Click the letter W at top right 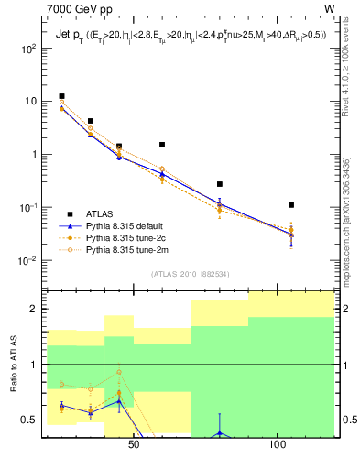(x=329, y=10)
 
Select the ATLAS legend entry (x=101, y=214)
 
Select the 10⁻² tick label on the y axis (x=27, y=260)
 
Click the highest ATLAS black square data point (x=61, y=96)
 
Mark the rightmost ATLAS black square (x=290, y=205)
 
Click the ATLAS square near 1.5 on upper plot (x=162, y=145)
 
